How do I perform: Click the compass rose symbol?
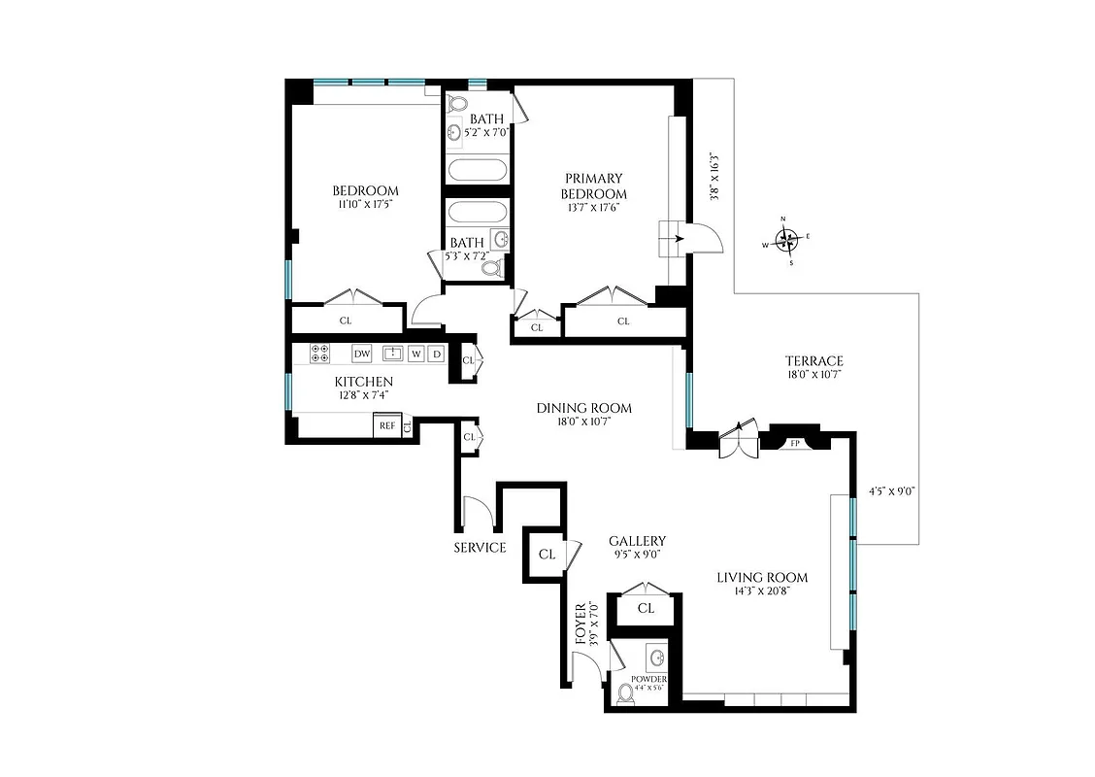[789, 239]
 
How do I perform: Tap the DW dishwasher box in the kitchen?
[362, 354]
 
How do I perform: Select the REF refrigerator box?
[386, 425]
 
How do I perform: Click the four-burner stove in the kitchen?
[319, 354]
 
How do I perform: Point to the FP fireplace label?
[795, 444]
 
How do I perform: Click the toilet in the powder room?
[626, 693]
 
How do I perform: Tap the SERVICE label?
[480, 548]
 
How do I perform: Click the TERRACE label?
[815, 360]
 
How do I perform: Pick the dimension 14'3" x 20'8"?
[762, 592]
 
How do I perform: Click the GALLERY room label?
[637, 541]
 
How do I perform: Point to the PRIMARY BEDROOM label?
[595, 186]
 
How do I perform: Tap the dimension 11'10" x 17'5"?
[365, 205]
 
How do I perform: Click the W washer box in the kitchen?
[415, 354]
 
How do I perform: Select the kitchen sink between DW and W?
[392, 353]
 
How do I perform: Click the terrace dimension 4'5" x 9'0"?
[892, 491]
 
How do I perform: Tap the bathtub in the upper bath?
[477, 171]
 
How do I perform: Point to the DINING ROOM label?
[584, 408]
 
